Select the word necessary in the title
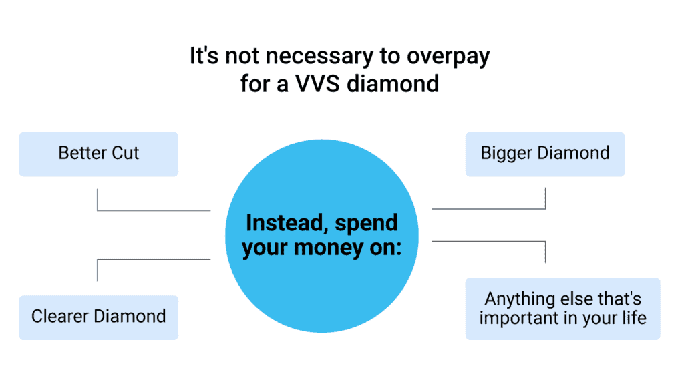[x=299, y=57]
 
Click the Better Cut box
[x=99, y=154]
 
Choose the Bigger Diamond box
[x=545, y=154]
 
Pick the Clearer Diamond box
[x=99, y=317]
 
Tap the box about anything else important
[x=562, y=308]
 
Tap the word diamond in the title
[x=403, y=83]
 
